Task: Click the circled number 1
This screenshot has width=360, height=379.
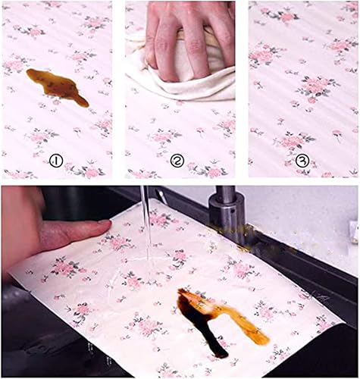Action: click(x=56, y=161)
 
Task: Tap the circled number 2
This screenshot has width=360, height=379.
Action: click(x=177, y=161)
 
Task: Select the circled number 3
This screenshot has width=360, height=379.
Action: click(x=302, y=160)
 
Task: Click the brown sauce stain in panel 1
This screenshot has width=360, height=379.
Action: click(x=57, y=86)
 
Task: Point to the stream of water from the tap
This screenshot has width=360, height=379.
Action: click(x=146, y=227)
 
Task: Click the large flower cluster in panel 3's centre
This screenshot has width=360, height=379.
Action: click(x=317, y=87)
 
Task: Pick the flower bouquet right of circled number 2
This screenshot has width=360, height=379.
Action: click(x=210, y=170)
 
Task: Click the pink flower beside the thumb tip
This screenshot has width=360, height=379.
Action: click(x=118, y=242)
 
